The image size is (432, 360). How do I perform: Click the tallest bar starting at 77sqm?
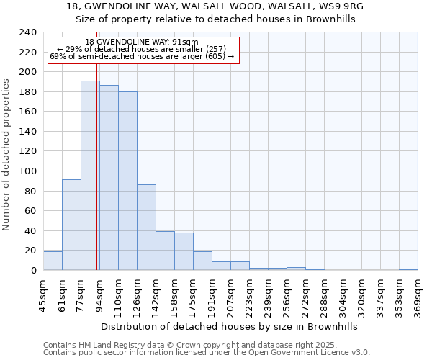[x=90, y=176]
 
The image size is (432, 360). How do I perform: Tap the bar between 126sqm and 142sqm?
[x=146, y=228]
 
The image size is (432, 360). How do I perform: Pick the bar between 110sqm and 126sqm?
[x=127, y=181]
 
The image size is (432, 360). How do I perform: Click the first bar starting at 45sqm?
[x=53, y=261]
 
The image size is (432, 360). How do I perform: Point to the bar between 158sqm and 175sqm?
[x=184, y=251]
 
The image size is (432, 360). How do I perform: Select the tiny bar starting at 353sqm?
[x=408, y=269]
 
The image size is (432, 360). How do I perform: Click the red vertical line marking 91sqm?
[x=96, y=180]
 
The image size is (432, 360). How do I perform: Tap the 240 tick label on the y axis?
[x=27, y=32]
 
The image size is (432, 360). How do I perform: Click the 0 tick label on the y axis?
[x=33, y=270]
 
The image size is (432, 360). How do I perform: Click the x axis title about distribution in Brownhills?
[x=230, y=326]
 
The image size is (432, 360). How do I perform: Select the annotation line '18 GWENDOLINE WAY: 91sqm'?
[x=142, y=42]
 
